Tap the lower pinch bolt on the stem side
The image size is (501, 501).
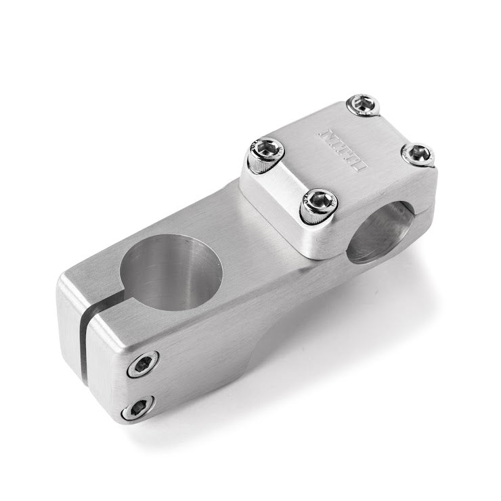[136, 408]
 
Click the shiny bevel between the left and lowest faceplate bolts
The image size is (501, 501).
[278, 196]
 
